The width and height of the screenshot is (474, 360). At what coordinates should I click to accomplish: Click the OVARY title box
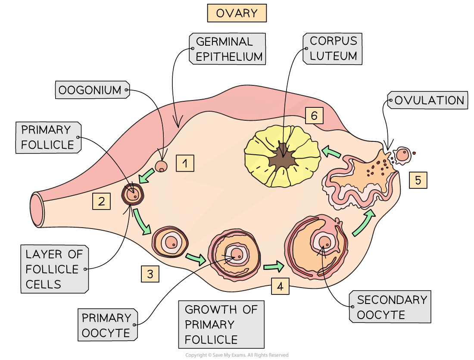(237, 13)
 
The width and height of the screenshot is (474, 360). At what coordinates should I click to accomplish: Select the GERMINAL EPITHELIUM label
(228, 49)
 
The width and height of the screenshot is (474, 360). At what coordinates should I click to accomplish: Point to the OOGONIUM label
(91, 90)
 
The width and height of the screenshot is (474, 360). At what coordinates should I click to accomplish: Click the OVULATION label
(429, 100)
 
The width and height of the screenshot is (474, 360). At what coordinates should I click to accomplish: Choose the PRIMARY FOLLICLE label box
(48, 137)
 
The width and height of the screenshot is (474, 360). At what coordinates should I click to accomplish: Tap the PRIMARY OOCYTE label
(107, 325)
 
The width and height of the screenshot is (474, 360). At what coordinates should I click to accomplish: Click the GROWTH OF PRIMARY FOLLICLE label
(221, 325)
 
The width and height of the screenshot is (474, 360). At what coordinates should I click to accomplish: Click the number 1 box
(185, 163)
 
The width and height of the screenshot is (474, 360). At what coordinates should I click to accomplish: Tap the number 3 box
(150, 274)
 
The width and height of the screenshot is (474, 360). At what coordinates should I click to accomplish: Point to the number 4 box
(280, 287)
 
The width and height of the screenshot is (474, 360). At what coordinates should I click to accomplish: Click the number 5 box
(418, 180)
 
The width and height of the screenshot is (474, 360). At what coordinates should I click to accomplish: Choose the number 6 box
(314, 116)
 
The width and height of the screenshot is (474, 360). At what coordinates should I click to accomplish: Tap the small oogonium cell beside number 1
(161, 166)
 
